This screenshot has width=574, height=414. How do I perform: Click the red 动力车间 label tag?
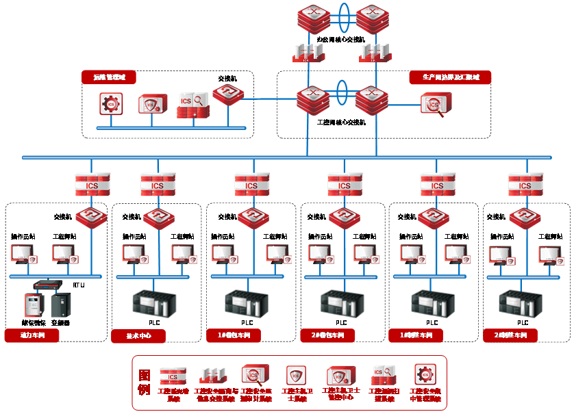coord(32,335)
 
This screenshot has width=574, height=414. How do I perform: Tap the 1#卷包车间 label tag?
coord(234,335)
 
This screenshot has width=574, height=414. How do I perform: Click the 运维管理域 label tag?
coord(109,77)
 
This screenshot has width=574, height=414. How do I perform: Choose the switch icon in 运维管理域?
coord(227,95)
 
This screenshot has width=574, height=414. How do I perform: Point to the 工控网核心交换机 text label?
coord(341,122)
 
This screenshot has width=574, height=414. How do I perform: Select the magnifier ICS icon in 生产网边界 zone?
coord(432,105)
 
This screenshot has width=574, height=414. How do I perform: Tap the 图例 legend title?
coord(144,383)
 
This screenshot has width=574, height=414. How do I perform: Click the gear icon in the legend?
coord(425,374)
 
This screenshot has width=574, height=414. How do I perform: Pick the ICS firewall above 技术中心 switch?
coord(158,185)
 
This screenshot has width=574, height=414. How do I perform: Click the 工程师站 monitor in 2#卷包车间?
coord(365,253)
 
